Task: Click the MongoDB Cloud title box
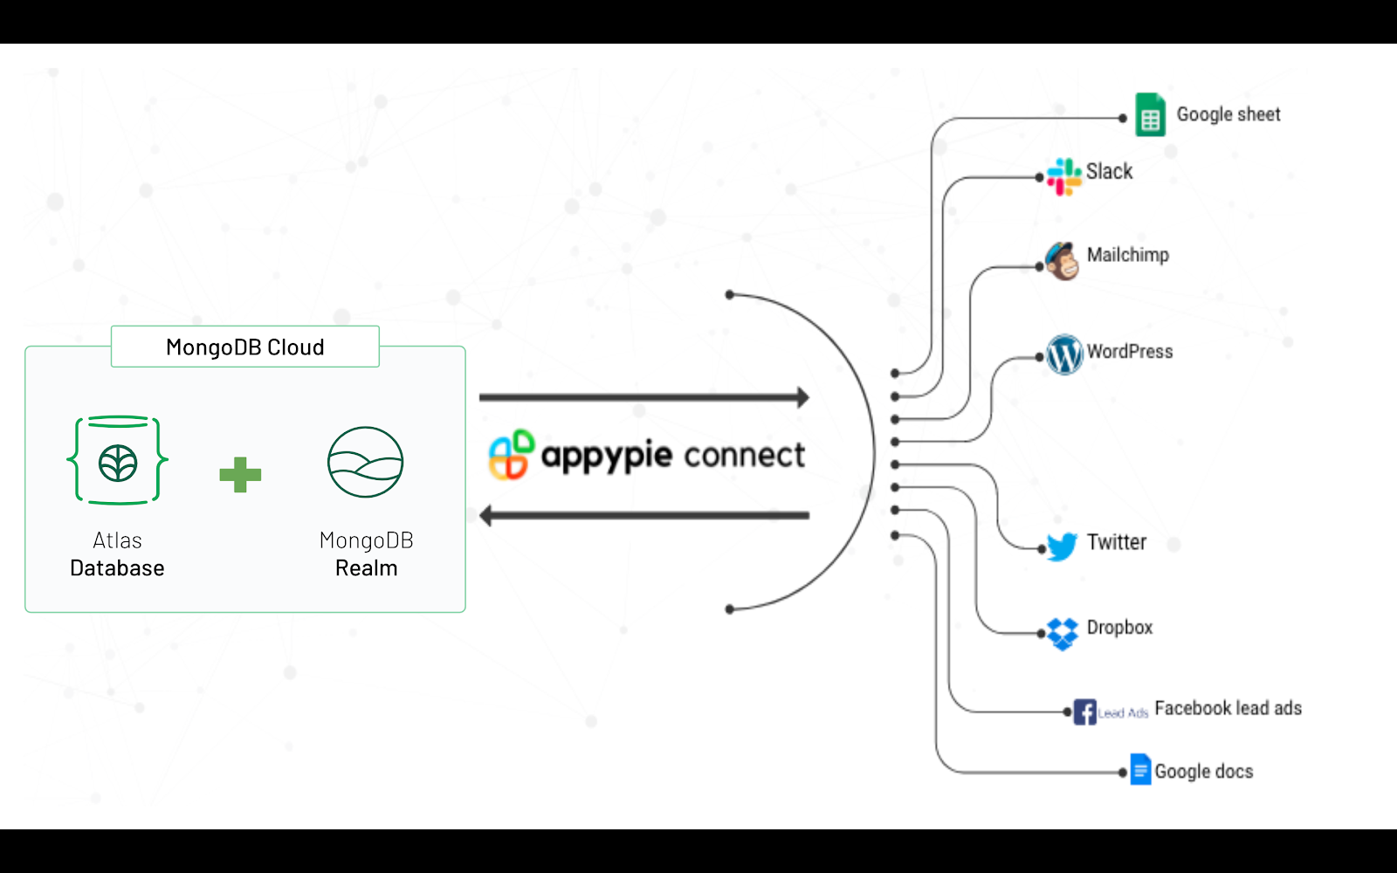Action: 245,347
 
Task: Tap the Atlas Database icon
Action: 118,461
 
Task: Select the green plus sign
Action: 240,475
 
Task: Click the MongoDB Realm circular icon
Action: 365,462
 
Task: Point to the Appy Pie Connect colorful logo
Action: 511,455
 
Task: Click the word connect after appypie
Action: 744,455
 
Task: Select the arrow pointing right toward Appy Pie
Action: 644,398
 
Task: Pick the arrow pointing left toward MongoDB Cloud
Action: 644,516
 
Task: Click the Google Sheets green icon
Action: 1150,115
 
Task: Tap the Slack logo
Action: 1063,176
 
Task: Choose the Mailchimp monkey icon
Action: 1063,261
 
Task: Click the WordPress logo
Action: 1064,354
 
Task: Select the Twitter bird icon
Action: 1063,546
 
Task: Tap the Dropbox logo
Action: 1063,633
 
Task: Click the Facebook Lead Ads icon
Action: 1085,711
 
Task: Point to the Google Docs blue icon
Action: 1140,770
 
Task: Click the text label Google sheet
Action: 1228,114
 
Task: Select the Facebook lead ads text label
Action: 1228,708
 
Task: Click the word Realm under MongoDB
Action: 367,568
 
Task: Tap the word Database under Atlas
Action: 117,568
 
